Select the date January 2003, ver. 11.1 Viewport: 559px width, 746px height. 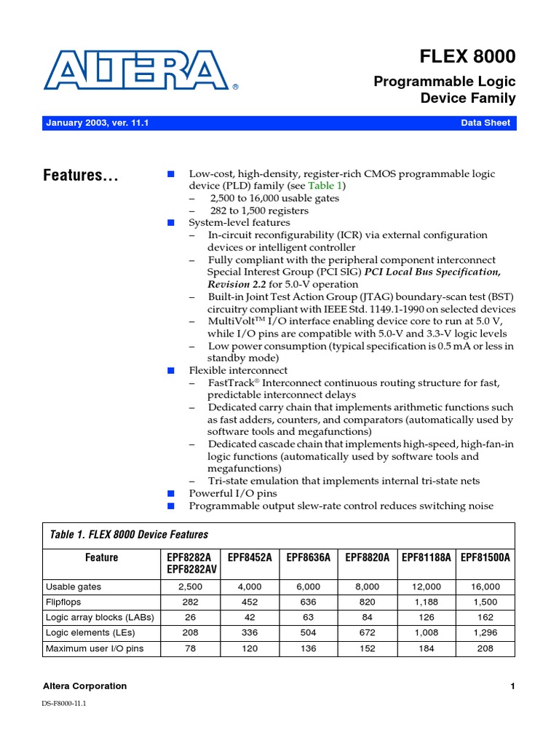(x=97, y=123)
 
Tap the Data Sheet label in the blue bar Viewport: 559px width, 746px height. (x=485, y=123)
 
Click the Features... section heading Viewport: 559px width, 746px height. (x=81, y=176)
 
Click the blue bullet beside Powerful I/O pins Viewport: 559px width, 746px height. (x=172, y=493)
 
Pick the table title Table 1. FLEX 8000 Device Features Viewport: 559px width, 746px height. (x=128, y=535)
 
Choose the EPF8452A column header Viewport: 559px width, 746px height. (x=250, y=557)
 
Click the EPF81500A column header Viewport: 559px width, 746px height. (x=485, y=557)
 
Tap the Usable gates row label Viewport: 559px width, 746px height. (x=74, y=586)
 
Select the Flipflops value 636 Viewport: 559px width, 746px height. (x=309, y=602)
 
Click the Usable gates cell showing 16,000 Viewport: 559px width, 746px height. (x=485, y=586)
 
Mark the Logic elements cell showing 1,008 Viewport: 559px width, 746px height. (x=427, y=633)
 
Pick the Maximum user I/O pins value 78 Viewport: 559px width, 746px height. (x=191, y=648)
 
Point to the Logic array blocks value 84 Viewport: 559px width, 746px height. (x=368, y=618)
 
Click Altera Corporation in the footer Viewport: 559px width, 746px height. (x=86, y=686)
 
